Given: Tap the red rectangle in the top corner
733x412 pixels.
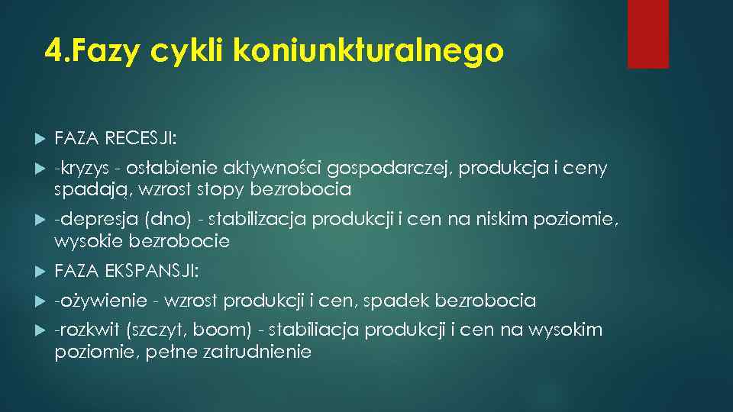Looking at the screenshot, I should [x=647, y=34].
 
